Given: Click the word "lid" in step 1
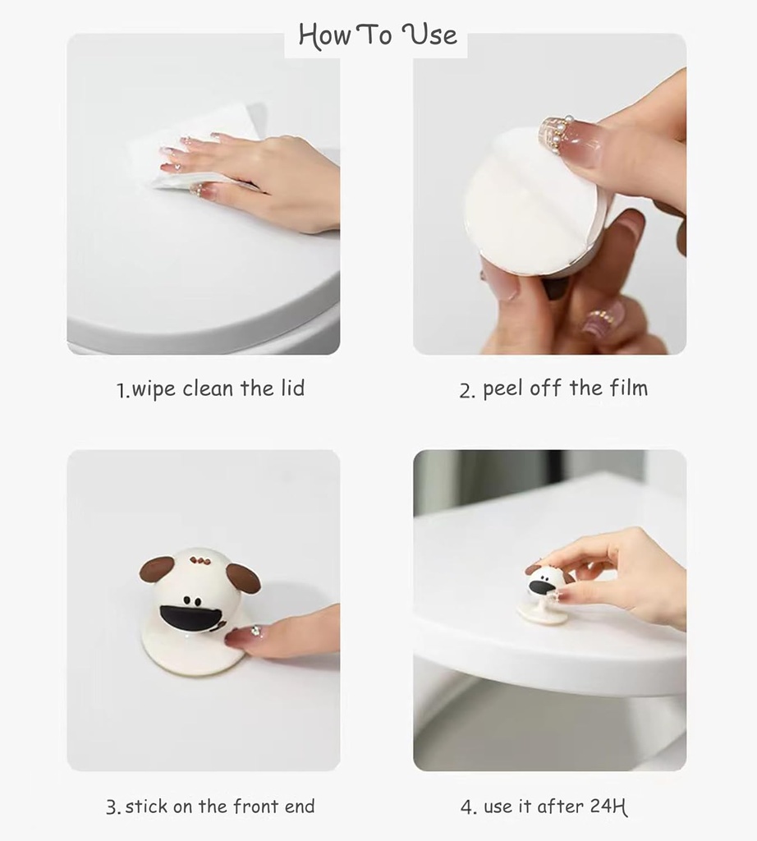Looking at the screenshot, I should [x=290, y=388].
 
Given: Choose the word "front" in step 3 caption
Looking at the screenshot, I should [x=255, y=807].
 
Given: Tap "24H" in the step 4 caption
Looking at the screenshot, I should [x=609, y=807].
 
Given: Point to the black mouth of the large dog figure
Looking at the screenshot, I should [x=192, y=618].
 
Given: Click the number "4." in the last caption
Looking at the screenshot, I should [x=468, y=807].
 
